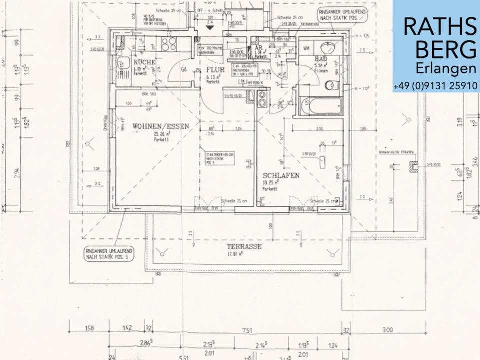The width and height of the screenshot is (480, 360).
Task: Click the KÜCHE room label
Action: (145, 62)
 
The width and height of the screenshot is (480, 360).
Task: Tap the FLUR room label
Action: (215, 70)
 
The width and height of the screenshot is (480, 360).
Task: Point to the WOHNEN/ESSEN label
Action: (161, 127)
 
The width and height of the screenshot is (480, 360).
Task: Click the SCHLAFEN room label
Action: (281, 176)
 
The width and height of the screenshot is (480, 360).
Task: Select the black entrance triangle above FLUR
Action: (210, 28)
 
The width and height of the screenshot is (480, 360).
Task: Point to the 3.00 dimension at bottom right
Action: (387, 330)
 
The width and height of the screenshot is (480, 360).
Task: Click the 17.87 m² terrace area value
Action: (234, 254)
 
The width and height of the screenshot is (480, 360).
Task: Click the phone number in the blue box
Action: (435, 86)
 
